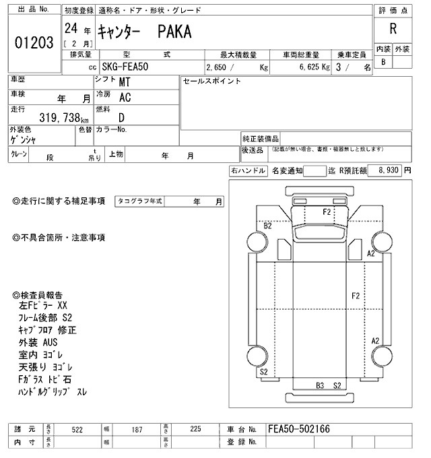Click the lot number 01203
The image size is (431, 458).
[34, 42]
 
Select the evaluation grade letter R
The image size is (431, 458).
[393, 29]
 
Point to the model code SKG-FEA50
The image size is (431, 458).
[127, 67]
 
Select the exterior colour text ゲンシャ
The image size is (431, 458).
[24, 140]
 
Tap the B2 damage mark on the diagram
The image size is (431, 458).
[267, 226]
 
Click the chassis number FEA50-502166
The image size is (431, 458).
[299, 429]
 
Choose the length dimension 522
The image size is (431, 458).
[77, 429]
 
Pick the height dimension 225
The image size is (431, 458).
[195, 429]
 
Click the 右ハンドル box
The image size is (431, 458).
[248, 171]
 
